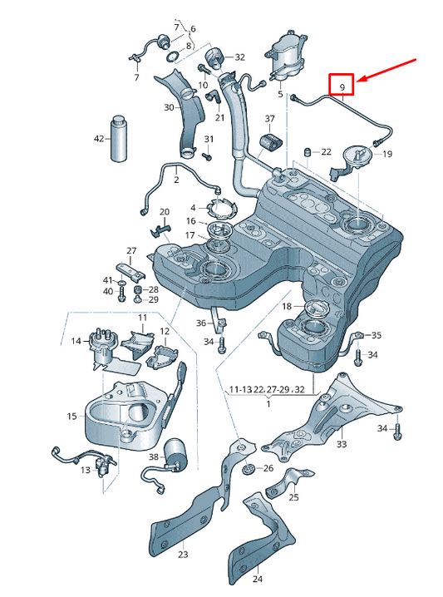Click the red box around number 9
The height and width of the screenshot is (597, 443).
click(x=342, y=85)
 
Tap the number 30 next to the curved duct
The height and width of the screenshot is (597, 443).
click(x=169, y=107)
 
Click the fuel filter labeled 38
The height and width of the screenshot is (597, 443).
click(x=176, y=456)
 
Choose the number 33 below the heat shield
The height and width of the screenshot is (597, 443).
click(x=341, y=445)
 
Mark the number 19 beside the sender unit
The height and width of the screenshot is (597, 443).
click(x=387, y=154)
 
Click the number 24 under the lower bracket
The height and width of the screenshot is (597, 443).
click(x=257, y=579)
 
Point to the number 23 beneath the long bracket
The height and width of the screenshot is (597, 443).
click(x=183, y=555)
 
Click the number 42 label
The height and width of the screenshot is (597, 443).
click(x=99, y=138)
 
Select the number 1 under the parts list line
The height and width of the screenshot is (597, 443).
click(x=268, y=402)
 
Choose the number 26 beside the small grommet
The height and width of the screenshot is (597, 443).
click(x=268, y=469)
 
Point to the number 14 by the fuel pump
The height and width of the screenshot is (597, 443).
click(x=76, y=340)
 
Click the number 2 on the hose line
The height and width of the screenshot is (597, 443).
click(x=176, y=179)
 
